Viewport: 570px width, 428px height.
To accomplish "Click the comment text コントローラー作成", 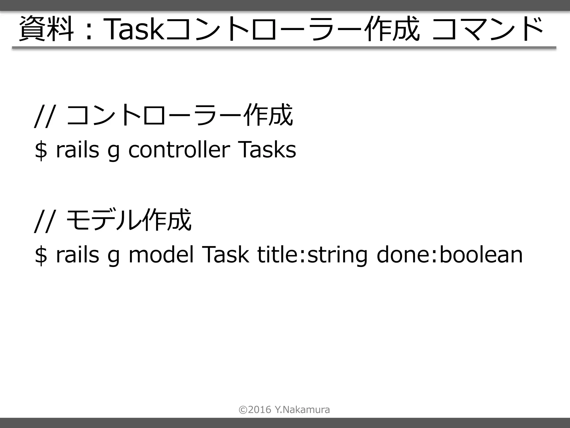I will (180, 115).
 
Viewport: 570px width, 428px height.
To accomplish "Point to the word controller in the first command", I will (179, 150).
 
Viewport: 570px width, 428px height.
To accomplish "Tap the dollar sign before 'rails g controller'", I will (41, 150).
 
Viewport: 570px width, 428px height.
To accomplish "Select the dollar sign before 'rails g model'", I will (41, 255).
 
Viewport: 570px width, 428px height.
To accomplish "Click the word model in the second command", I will (161, 255).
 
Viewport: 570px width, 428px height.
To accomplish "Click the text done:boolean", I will (449, 255).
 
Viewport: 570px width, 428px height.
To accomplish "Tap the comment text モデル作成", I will (129, 220).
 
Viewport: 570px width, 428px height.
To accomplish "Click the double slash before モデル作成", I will (44, 221).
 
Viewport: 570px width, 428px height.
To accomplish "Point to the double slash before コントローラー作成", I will (44, 116).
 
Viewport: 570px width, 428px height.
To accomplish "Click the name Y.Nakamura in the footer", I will (302, 410).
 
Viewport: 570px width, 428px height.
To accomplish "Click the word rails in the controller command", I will (77, 150).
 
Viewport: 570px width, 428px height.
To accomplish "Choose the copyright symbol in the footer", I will (243, 410).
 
